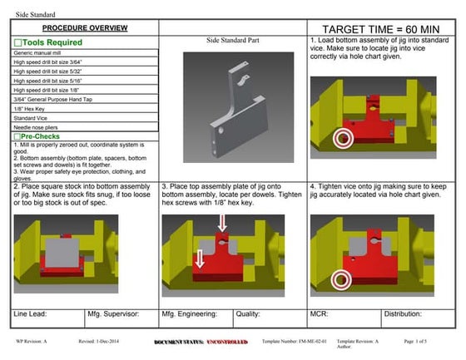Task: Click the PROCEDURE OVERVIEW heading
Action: tap(84, 27)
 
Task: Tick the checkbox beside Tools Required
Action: tap(17, 42)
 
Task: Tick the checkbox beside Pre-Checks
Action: tap(17, 136)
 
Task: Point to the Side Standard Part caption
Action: tap(231, 40)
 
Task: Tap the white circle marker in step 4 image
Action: tap(340, 280)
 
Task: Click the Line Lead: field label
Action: tap(31, 314)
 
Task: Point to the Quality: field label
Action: tap(250, 314)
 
